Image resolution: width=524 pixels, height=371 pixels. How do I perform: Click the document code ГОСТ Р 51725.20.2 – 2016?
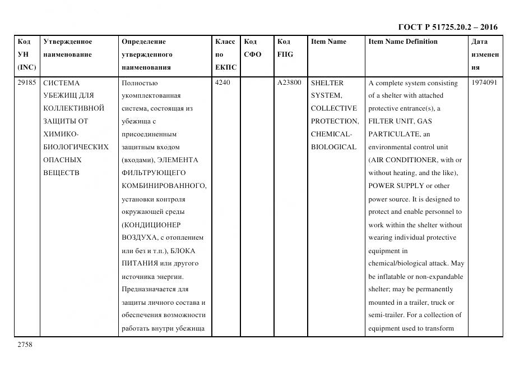(x=448, y=27)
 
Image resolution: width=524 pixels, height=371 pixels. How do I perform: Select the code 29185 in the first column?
(x=27, y=83)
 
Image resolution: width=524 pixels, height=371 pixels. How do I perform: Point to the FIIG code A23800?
(x=289, y=83)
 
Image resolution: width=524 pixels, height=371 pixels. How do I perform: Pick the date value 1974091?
(x=485, y=83)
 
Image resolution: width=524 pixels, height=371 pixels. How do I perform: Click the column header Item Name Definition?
(x=403, y=42)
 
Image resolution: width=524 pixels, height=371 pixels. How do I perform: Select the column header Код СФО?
(x=252, y=48)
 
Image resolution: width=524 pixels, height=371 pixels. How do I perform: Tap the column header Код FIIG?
(x=285, y=48)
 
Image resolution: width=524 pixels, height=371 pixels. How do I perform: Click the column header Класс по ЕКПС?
(x=225, y=54)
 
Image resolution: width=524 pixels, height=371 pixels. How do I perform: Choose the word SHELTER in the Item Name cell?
(x=327, y=83)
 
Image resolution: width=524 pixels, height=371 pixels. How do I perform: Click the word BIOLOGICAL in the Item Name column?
(x=333, y=147)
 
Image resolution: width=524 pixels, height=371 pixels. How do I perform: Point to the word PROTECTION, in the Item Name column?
(x=335, y=121)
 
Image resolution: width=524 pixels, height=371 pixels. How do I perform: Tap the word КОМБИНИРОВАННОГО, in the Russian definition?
(x=164, y=186)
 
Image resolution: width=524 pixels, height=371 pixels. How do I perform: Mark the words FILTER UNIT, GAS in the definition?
(x=400, y=121)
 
